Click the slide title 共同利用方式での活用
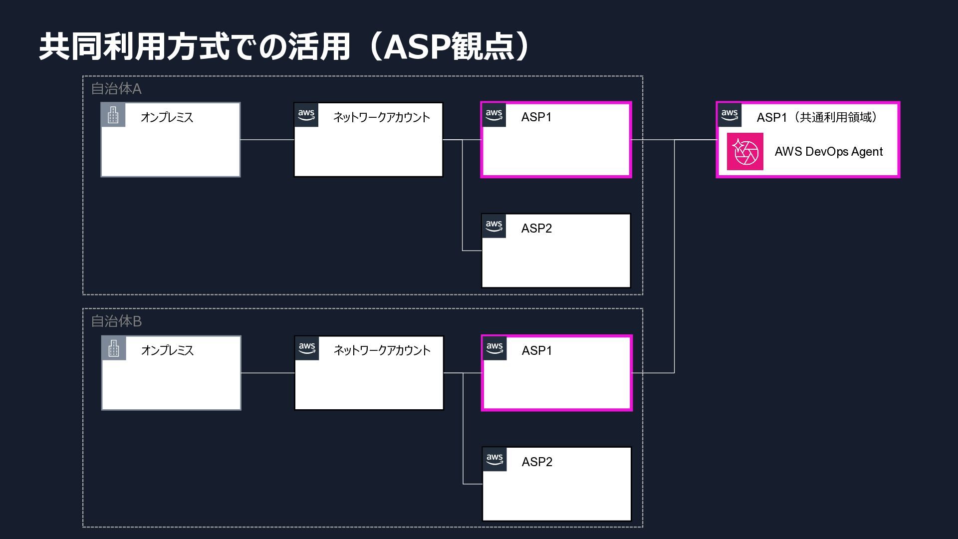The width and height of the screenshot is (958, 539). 195,47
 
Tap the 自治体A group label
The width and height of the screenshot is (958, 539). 116,89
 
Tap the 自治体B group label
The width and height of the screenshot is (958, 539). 116,321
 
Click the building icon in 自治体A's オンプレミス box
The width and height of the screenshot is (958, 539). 113,115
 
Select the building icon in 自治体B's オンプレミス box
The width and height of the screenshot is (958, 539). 114,348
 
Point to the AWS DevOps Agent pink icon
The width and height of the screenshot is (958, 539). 745,151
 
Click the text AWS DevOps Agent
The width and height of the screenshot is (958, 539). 829,152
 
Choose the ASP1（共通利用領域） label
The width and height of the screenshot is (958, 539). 817,117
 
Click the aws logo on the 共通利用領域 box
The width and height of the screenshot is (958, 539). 729,115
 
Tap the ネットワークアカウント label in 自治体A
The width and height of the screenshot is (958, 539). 382,117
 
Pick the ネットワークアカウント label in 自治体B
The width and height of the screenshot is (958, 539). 382,350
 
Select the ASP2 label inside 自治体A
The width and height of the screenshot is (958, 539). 536,229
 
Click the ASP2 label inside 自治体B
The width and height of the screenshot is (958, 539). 537,462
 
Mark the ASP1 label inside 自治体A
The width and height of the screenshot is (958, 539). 536,117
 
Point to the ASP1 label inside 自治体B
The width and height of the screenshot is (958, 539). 537,351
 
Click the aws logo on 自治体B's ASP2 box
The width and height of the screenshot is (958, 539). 494,459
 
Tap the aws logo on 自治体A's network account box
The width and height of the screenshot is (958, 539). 306,115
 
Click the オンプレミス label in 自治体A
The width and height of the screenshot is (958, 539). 167,117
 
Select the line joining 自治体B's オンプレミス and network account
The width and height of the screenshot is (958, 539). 268,373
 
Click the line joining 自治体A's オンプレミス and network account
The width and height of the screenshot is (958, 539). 267,140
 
